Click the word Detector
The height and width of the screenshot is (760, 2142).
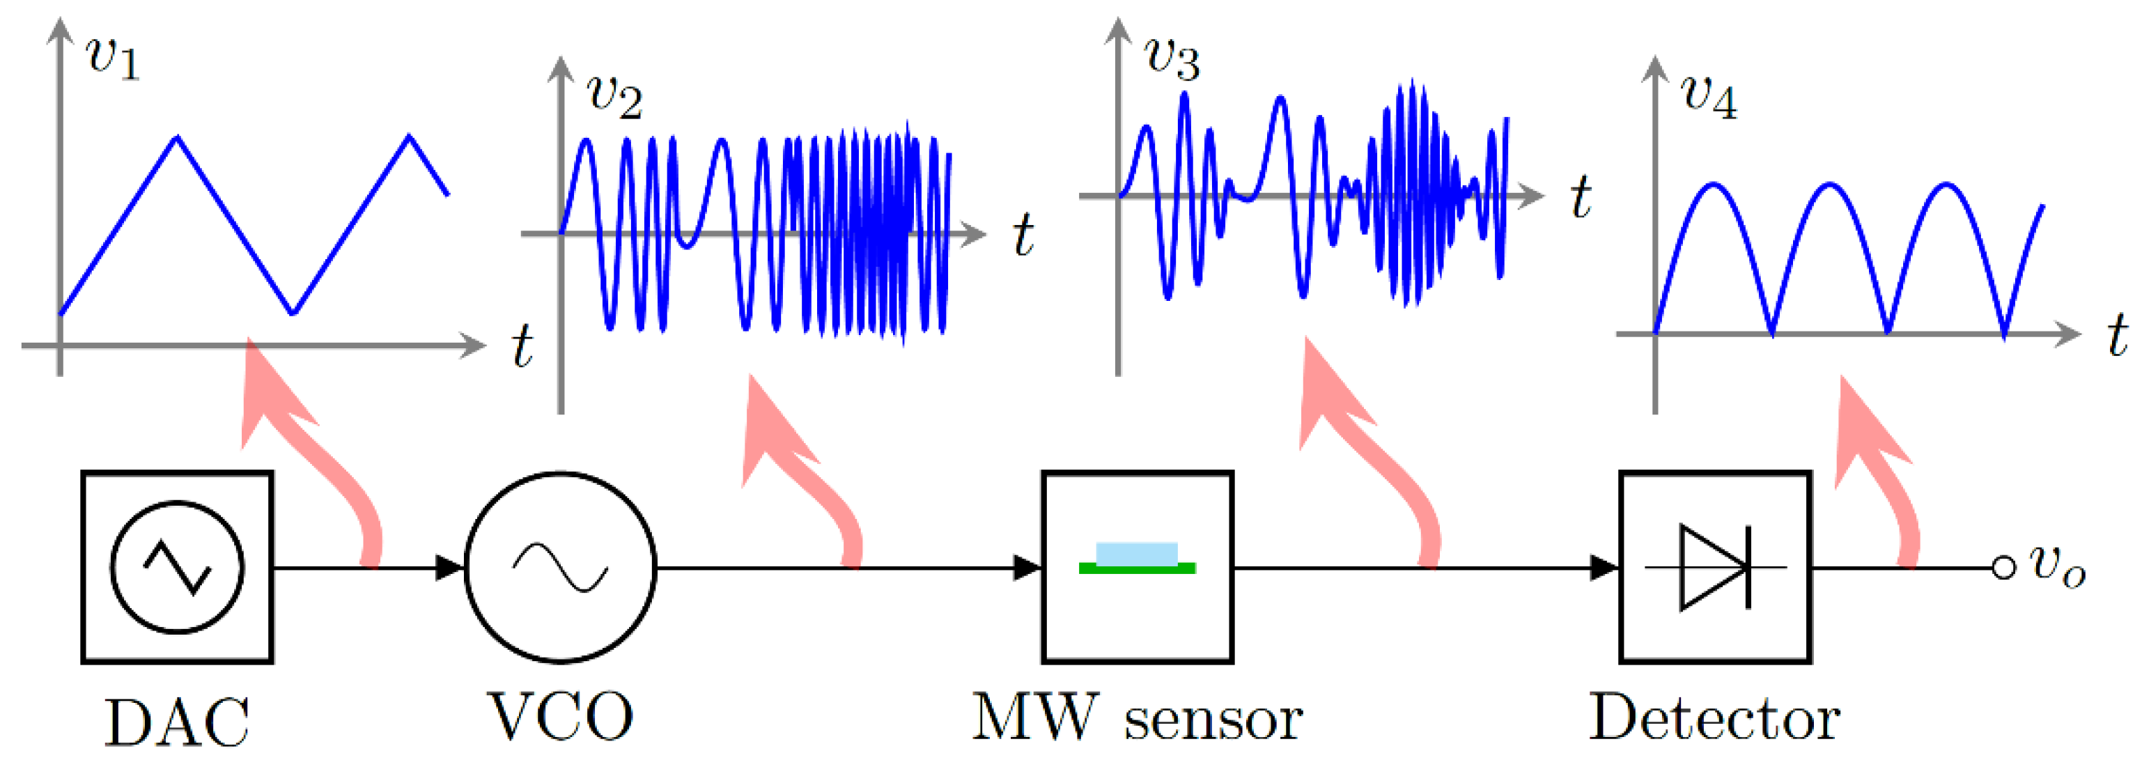coord(1714,717)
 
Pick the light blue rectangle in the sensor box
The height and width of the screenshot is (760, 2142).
coord(1137,553)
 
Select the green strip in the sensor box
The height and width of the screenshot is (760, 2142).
coord(1137,568)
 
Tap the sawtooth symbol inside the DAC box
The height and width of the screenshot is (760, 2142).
coord(177,567)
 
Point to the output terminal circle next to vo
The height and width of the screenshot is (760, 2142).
coord(2004,567)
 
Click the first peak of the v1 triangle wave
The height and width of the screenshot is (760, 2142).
coord(176,137)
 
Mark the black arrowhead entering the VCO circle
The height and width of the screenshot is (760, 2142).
coord(450,568)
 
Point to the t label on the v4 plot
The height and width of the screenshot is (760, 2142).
coord(2117,336)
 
